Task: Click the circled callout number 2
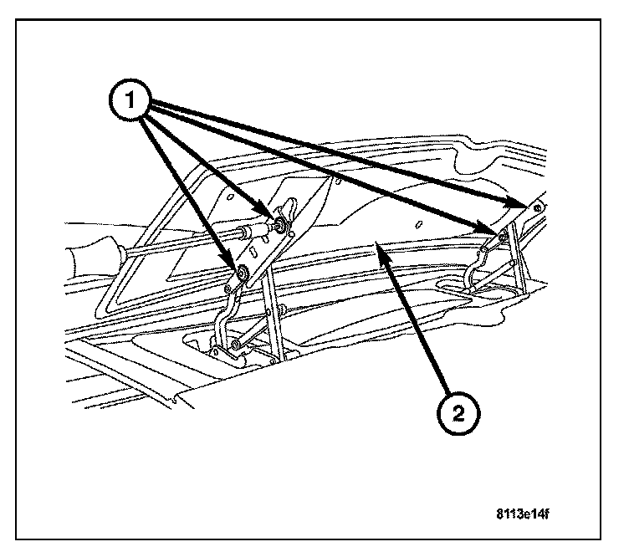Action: (x=458, y=412)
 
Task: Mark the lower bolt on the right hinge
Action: (x=500, y=238)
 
